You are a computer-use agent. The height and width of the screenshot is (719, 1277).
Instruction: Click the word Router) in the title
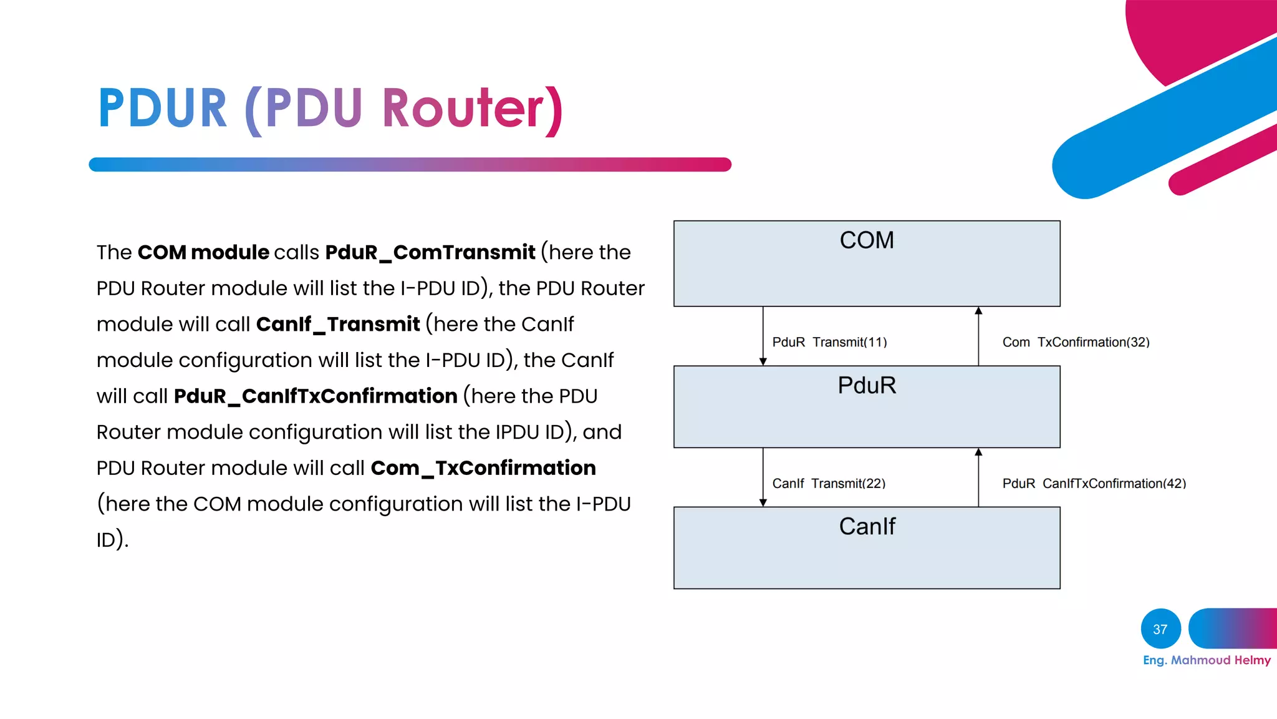(473, 109)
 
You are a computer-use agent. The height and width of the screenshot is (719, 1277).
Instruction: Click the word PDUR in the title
(163, 109)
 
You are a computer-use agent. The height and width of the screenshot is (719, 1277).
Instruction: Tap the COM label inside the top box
(867, 240)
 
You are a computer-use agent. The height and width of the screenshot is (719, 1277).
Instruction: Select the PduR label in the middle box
(867, 385)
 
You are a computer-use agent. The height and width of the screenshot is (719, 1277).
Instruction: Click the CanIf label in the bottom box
(867, 526)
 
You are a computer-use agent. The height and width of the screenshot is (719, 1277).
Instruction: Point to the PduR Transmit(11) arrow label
(829, 342)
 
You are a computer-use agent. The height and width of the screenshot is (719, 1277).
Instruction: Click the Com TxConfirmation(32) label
(1076, 342)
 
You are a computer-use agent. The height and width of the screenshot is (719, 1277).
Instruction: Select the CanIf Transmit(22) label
(829, 483)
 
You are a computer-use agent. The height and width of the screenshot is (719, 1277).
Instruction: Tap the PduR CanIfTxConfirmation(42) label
(1094, 483)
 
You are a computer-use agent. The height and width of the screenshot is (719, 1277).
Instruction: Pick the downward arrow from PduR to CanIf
(763, 477)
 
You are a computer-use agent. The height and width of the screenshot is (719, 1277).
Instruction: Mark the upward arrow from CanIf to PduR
(978, 477)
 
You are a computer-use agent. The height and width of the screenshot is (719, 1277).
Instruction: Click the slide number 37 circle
(1160, 629)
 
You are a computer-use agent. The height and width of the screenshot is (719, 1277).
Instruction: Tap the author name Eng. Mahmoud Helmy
(1207, 660)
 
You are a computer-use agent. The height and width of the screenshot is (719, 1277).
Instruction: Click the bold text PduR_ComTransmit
(430, 252)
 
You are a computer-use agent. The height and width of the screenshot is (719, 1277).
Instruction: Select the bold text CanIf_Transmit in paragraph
(337, 324)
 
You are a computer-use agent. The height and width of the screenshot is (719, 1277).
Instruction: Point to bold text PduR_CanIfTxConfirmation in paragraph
(316, 396)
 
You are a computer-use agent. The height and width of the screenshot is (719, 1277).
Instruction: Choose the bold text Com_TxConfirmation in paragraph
(483, 467)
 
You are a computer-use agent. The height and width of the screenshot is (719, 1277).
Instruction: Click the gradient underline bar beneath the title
(410, 164)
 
